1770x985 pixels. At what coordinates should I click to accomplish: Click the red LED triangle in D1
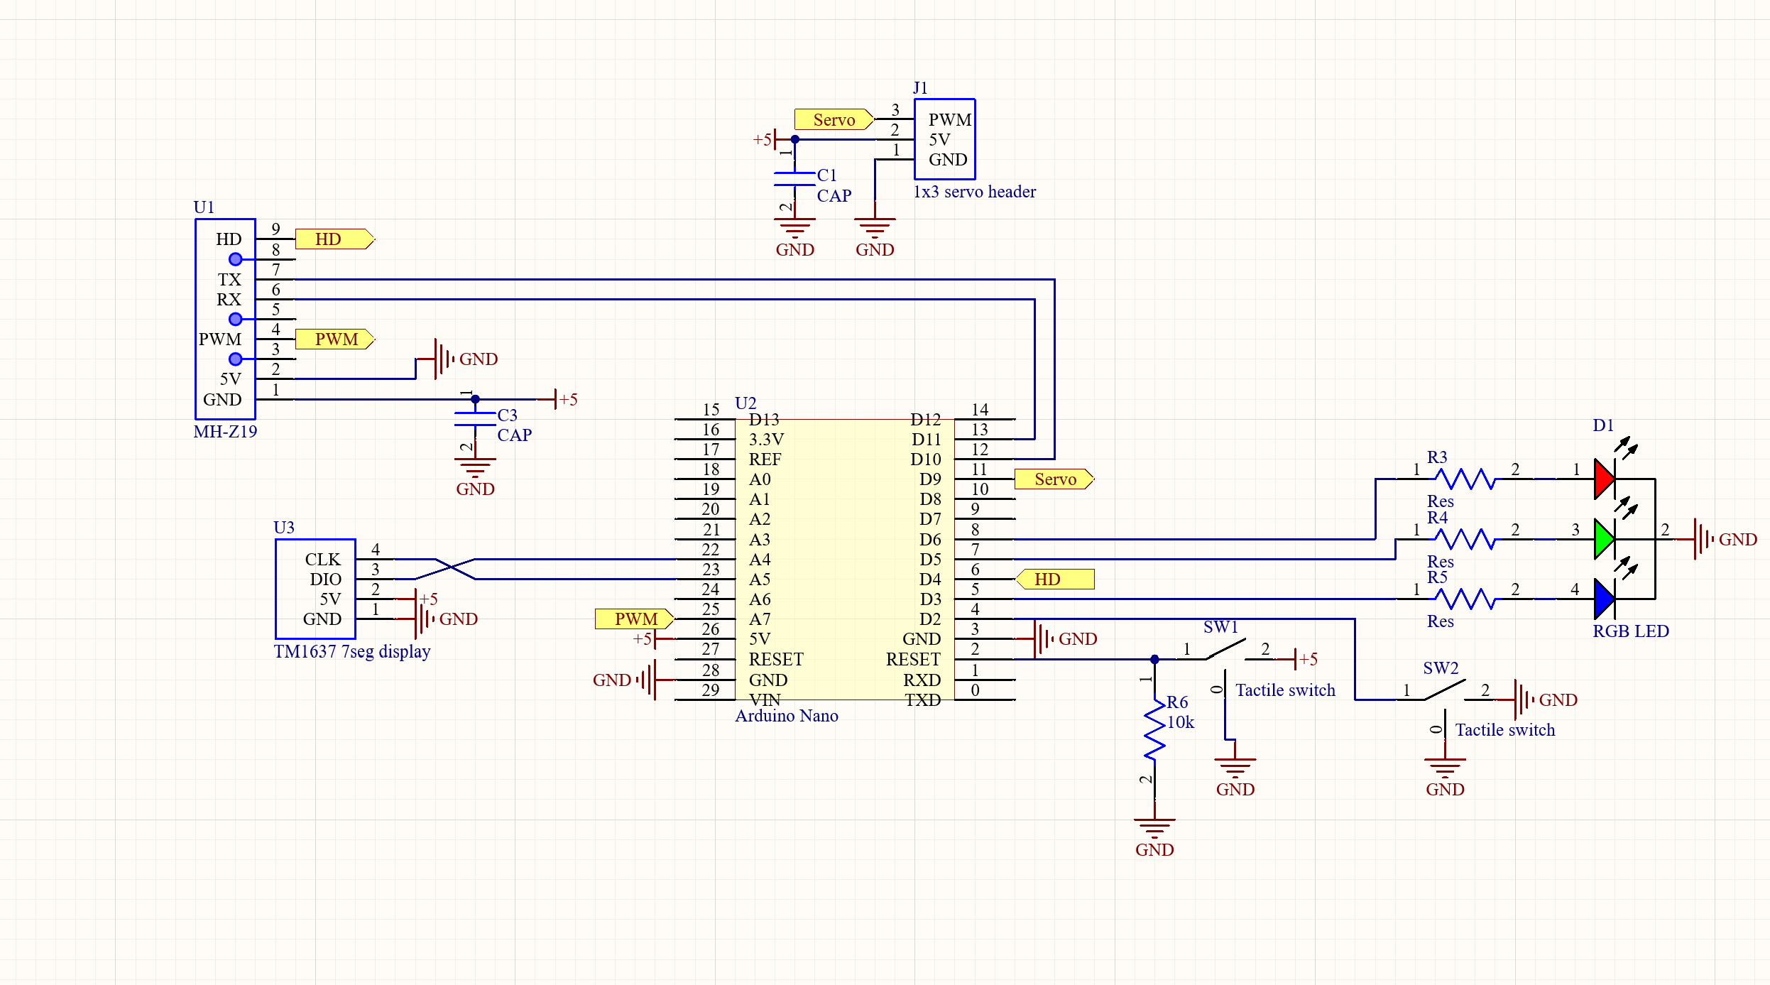(1603, 479)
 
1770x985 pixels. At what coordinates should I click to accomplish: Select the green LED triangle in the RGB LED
(1603, 539)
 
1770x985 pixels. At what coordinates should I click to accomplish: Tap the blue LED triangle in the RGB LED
(1603, 599)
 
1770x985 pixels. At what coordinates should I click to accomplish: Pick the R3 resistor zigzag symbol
(1465, 479)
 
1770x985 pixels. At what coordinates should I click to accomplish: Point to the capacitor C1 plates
(794, 179)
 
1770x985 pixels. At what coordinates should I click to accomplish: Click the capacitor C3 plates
(475, 419)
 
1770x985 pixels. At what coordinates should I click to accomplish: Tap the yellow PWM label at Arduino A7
(634, 619)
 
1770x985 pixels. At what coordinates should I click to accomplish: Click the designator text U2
(745, 403)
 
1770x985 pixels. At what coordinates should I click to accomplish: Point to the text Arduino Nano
(786, 716)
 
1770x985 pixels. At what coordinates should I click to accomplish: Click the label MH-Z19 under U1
(225, 432)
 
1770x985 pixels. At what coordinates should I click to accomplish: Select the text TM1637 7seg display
(352, 652)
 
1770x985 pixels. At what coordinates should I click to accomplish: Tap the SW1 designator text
(1220, 627)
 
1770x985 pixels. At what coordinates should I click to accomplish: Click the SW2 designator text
(1441, 668)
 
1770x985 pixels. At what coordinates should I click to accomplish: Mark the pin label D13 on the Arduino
(764, 420)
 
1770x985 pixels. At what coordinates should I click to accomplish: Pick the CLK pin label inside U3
(322, 560)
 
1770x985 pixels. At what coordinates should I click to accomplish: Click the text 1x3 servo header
(974, 192)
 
